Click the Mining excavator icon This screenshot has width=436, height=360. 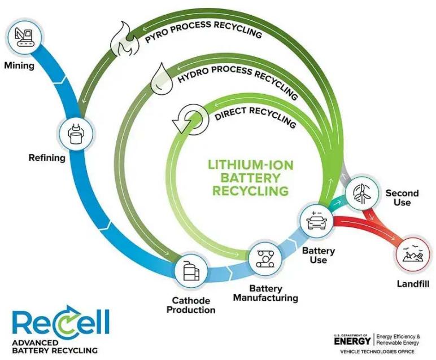[x=24, y=35]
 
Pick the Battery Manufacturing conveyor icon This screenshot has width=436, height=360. [x=264, y=258]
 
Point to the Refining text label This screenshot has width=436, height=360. [x=47, y=158]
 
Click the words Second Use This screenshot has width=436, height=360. [x=402, y=197]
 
